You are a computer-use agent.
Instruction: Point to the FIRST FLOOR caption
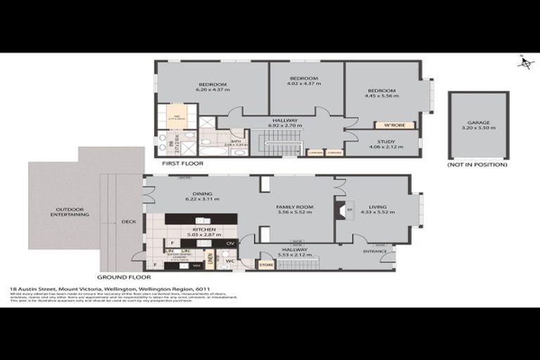pyautogui.click(x=182, y=163)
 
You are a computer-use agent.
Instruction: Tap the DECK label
pyautogui.click(x=129, y=221)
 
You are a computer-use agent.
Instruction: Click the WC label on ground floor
pyautogui.click(x=230, y=261)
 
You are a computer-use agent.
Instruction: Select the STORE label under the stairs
pyautogui.click(x=266, y=265)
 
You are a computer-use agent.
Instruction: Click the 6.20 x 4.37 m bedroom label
pyautogui.click(x=212, y=86)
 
